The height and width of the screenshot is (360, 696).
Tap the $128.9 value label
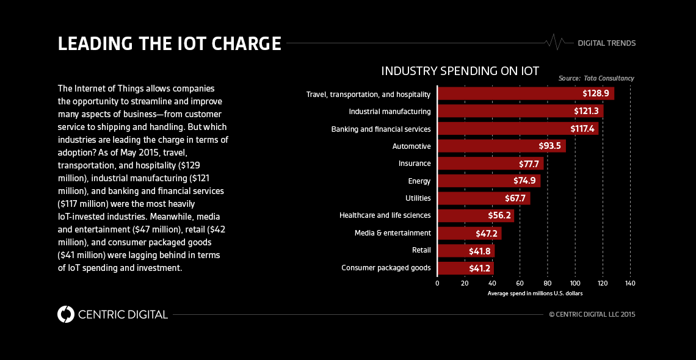pyautogui.click(x=596, y=94)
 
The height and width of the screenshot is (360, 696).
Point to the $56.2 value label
pyautogui.click(x=499, y=216)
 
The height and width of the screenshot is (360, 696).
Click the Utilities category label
pyautogui.click(x=418, y=198)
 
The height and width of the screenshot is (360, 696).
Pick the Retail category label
pyautogui.click(x=421, y=250)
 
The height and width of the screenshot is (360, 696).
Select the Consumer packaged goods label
pyautogui.click(x=386, y=268)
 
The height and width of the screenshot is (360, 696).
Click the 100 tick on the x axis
pyautogui.click(x=575, y=283)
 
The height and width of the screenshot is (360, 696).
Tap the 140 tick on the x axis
pyautogui.click(x=630, y=283)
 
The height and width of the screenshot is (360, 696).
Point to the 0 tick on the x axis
pyautogui.click(x=437, y=283)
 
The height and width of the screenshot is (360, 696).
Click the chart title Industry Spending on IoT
pyautogui.click(x=460, y=71)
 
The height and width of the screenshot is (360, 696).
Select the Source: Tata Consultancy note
pyautogui.click(x=596, y=79)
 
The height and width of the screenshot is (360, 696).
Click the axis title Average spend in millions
pyautogui.click(x=535, y=293)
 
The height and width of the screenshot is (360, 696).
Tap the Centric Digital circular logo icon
pyautogui.click(x=65, y=314)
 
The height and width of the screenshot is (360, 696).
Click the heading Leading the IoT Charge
pyautogui.click(x=169, y=44)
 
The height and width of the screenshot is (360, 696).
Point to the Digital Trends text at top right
pyautogui.click(x=606, y=43)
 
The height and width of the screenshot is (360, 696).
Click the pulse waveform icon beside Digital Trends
pyautogui.click(x=556, y=42)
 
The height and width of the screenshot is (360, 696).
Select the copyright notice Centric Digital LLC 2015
pyautogui.click(x=592, y=314)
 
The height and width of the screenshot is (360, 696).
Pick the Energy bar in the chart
pyautogui.click(x=489, y=181)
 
